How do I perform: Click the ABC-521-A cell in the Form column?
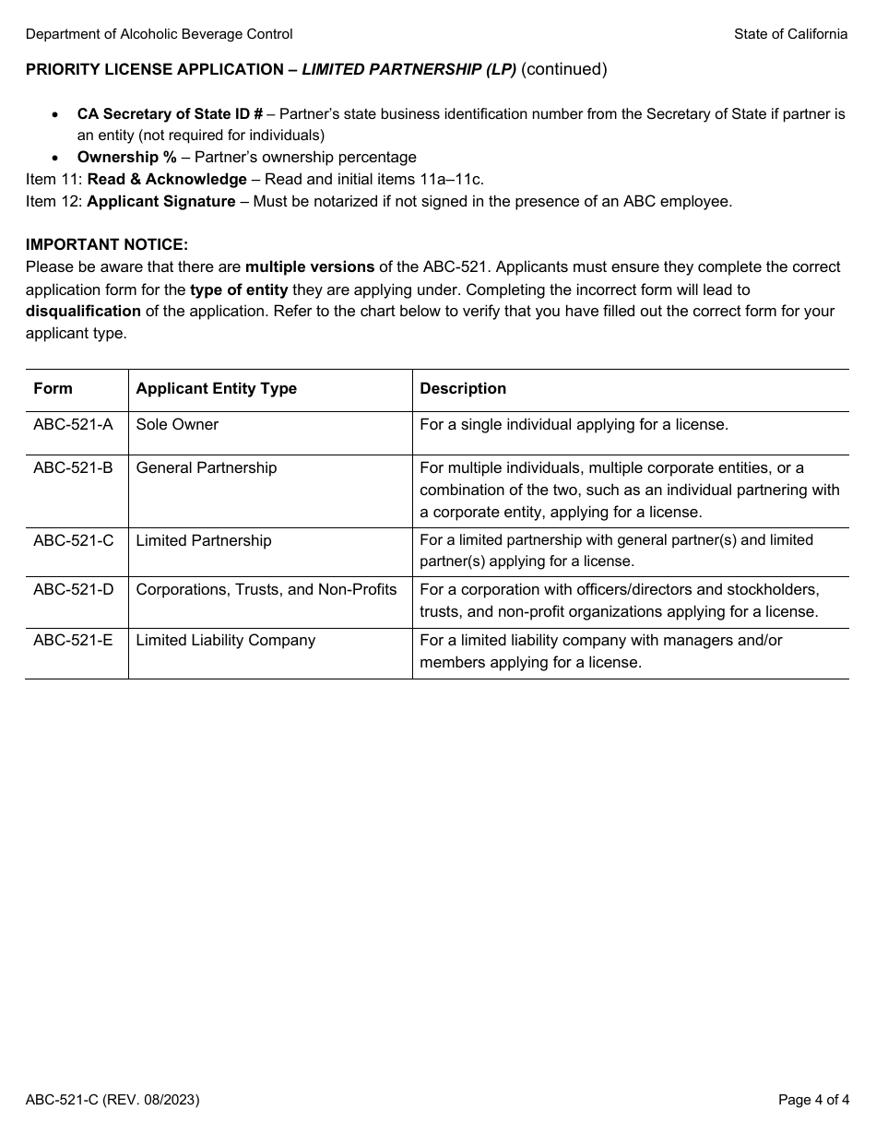73,425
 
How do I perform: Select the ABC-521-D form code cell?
74,590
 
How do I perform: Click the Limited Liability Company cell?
225,641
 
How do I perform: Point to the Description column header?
463,389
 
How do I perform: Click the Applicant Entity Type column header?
216,389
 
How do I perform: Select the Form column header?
53,389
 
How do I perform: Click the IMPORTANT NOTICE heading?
107,245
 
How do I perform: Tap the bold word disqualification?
83,312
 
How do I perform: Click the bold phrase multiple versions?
310,267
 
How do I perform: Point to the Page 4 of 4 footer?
812,1100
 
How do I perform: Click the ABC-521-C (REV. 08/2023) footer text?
112,1100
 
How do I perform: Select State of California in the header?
790,34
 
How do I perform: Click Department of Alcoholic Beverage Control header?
160,34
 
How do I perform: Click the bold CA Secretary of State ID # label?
170,114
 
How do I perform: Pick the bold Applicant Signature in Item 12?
161,202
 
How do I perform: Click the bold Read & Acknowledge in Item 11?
167,180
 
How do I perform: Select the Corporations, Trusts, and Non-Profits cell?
266,590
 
